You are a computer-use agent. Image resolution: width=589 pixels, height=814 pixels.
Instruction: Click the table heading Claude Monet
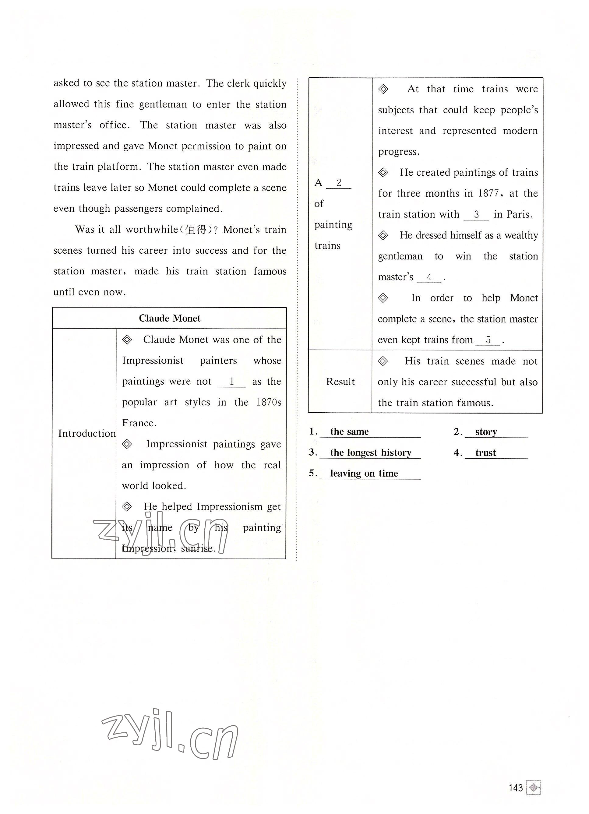point(169,318)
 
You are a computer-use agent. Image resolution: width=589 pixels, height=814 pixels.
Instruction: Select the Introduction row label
point(87,434)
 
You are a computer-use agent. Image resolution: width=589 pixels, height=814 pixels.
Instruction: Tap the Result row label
point(340,382)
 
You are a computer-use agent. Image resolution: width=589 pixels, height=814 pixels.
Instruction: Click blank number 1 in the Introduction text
point(231,382)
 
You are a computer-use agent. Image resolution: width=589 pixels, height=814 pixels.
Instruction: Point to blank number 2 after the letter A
point(338,183)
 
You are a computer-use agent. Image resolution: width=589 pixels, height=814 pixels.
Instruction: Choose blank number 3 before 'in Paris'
point(476,214)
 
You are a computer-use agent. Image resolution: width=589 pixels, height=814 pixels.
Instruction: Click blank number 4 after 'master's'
point(429,277)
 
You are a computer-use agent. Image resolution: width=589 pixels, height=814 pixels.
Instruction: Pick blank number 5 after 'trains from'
point(488,340)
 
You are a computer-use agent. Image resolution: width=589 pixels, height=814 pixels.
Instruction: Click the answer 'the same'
point(349,432)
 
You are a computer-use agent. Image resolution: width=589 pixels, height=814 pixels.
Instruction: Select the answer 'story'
point(486,432)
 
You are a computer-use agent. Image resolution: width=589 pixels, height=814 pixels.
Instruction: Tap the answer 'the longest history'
point(371,453)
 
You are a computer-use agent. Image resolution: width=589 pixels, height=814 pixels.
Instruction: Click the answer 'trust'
point(486,453)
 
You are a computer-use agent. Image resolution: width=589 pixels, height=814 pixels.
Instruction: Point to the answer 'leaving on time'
point(364,474)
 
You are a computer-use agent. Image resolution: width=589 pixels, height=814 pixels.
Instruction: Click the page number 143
point(515,788)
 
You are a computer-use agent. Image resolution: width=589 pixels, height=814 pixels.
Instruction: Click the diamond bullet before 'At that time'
point(383,89)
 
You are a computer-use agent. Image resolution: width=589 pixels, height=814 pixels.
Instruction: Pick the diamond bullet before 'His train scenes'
point(383,361)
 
